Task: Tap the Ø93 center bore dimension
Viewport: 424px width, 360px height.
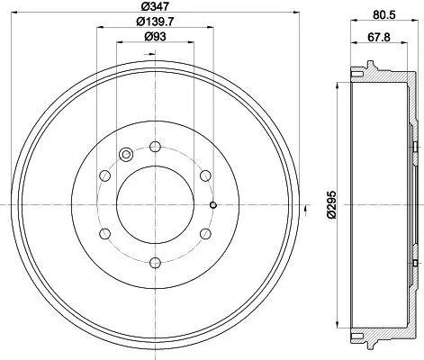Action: tap(156, 37)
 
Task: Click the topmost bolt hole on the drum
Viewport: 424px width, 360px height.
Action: tap(156, 145)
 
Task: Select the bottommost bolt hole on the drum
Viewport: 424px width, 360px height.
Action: tap(156, 263)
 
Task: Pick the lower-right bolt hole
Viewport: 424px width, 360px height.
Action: tap(206, 233)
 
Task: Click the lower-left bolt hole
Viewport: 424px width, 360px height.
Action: tap(105, 233)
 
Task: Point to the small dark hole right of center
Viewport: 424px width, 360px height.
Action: tap(212, 204)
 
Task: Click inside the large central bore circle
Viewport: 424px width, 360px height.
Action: tap(156, 204)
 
